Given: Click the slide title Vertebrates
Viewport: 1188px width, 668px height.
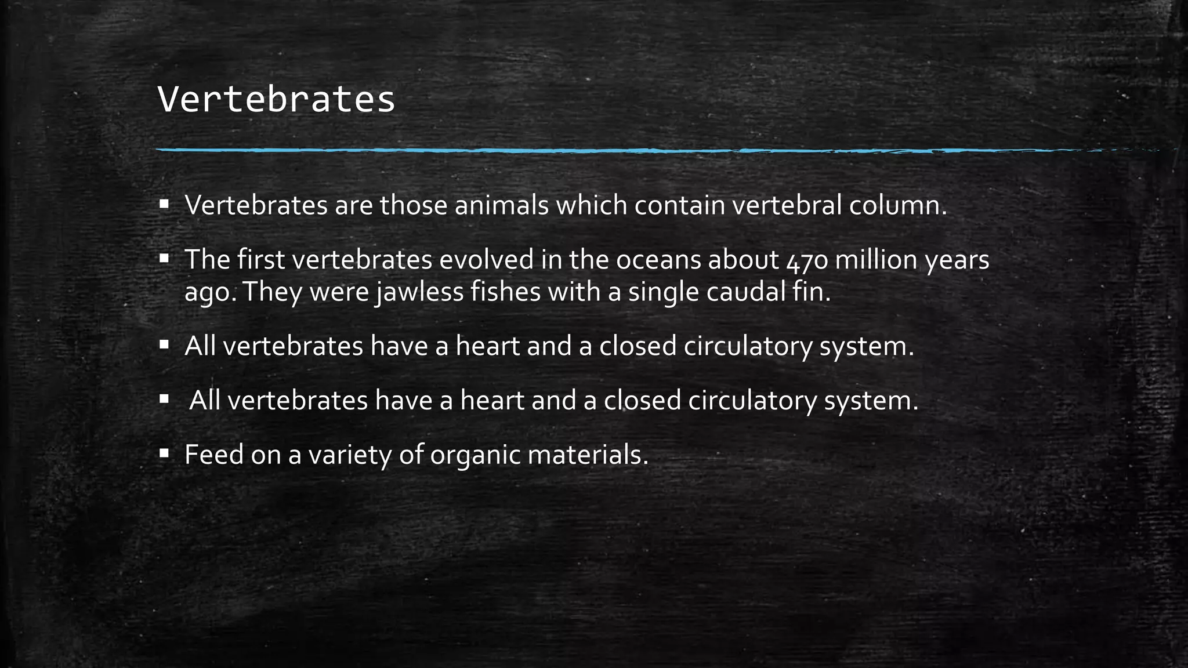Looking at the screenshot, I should pyautogui.click(x=276, y=100).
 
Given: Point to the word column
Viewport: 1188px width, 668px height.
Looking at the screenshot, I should pyautogui.click(x=897, y=205).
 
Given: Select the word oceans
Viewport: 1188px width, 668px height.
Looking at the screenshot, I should pyautogui.click(x=658, y=260).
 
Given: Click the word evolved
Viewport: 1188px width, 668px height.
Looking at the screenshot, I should pyautogui.click(x=486, y=260).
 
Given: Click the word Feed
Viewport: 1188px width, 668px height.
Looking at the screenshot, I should pyautogui.click(x=213, y=455).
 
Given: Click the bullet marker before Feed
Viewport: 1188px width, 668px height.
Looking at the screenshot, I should pyautogui.click(x=164, y=452).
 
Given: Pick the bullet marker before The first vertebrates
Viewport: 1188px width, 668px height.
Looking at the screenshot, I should pyautogui.click(x=164, y=257).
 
